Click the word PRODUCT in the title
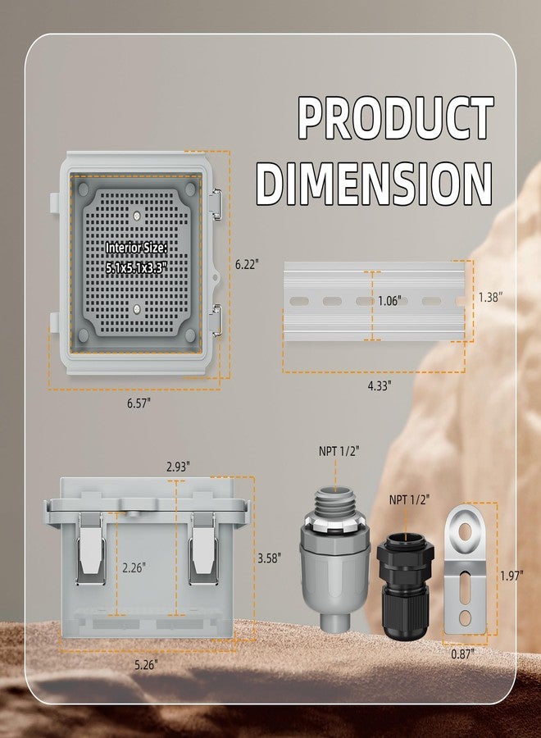click(396, 117)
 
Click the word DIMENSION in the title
click(375, 183)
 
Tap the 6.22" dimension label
click(248, 264)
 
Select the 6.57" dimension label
click(139, 403)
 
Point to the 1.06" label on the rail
click(389, 301)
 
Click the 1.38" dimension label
click(491, 297)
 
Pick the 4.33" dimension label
click(380, 386)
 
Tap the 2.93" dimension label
click(178, 467)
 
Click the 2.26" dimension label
click(134, 567)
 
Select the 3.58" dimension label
click(270, 558)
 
